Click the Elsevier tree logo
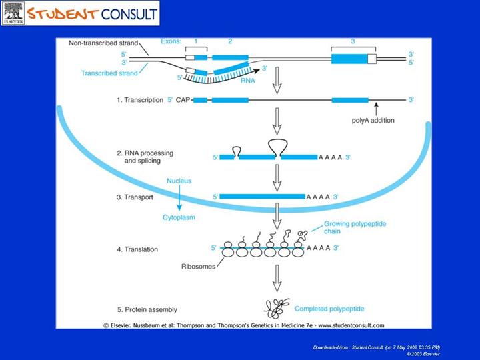pos(13,13)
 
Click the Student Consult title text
pos(93,13)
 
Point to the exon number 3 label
pos(352,42)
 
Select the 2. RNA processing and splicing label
pos(148,157)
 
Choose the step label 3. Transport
pos(137,197)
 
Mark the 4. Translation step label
pos(137,249)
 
